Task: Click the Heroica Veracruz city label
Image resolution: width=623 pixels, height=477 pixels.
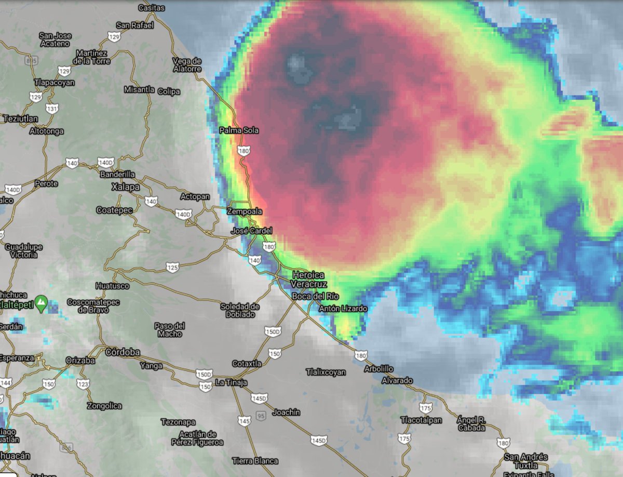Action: [x=308, y=279]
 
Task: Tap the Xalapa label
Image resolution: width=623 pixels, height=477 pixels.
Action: [x=126, y=187]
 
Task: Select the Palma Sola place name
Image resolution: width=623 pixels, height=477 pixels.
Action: [x=239, y=130]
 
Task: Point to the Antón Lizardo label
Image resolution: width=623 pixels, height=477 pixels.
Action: [x=343, y=309]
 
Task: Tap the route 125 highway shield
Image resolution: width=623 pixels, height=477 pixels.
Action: [x=173, y=268]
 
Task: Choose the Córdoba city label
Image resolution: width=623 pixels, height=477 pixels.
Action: [x=123, y=352]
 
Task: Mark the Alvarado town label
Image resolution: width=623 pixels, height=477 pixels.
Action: [x=397, y=380]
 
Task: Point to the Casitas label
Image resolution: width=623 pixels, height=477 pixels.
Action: [x=152, y=8]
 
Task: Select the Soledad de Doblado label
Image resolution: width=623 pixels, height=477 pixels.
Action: [x=240, y=310]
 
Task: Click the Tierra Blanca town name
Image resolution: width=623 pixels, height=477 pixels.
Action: [x=255, y=461]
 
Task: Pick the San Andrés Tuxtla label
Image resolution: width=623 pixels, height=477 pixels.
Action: [x=526, y=461]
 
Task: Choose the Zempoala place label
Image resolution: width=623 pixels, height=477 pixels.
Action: [x=245, y=211]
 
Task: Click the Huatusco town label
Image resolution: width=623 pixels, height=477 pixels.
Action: [x=112, y=286]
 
